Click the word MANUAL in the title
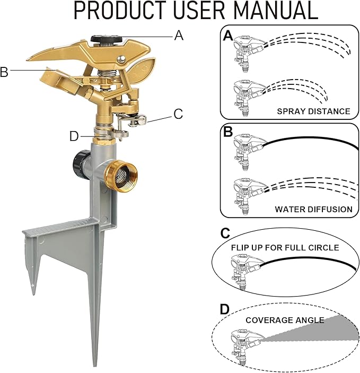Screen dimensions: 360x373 coord(276,10)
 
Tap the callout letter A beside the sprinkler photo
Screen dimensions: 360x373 coord(179,36)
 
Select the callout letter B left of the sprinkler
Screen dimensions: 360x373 coord(4,72)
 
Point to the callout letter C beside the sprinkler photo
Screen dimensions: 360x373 coord(178,114)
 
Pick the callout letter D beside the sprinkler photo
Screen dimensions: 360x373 coord(74,136)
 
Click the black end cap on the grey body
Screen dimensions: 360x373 coord(79,163)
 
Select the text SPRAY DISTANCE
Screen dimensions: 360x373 coord(313,111)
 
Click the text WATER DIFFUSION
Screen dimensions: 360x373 coord(313,210)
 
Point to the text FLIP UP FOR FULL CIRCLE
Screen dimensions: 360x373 coord(285,248)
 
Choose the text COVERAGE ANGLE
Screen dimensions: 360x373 coord(285,320)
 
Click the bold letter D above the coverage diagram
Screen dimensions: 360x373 coord(224,309)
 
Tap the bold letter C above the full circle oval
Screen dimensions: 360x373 coord(225,233)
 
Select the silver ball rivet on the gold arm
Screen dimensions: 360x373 coord(121,58)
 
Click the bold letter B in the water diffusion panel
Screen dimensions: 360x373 coord(228,131)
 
